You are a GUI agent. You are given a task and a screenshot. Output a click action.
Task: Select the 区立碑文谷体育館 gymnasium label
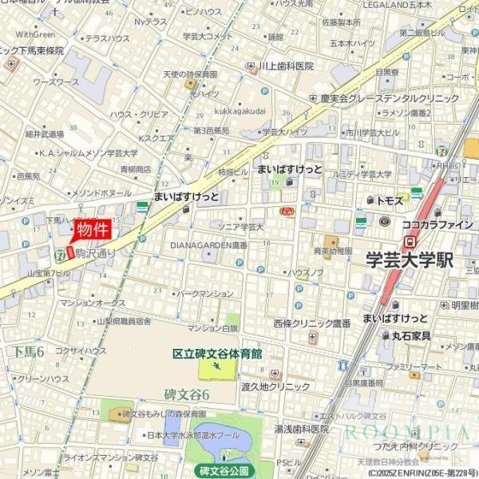click(x=218, y=354)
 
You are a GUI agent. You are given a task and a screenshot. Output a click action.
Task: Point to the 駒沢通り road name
click(x=95, y=253)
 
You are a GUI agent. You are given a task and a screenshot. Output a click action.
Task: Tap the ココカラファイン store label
click(x=437, y=224)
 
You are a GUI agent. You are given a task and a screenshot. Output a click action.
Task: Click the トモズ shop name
click(x=387, y=200)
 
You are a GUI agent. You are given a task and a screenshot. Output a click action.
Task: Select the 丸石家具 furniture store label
click(x=411, y=336)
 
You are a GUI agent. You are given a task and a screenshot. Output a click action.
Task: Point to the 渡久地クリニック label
click(x=276, y=386)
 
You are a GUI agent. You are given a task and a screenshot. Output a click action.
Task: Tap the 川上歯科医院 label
click(x=286, y=67)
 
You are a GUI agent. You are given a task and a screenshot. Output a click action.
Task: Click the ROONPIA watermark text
click(x=407, y=433)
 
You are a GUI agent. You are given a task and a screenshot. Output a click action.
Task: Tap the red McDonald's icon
click(x=287, y=211)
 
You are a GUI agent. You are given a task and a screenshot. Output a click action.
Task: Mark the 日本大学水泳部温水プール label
click(x=193, y=435)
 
